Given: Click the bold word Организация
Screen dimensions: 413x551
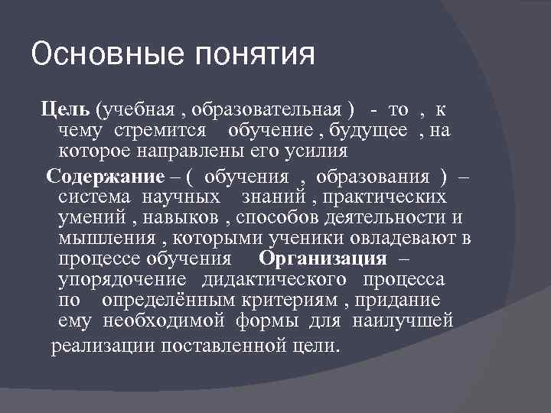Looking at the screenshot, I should [322, 257].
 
